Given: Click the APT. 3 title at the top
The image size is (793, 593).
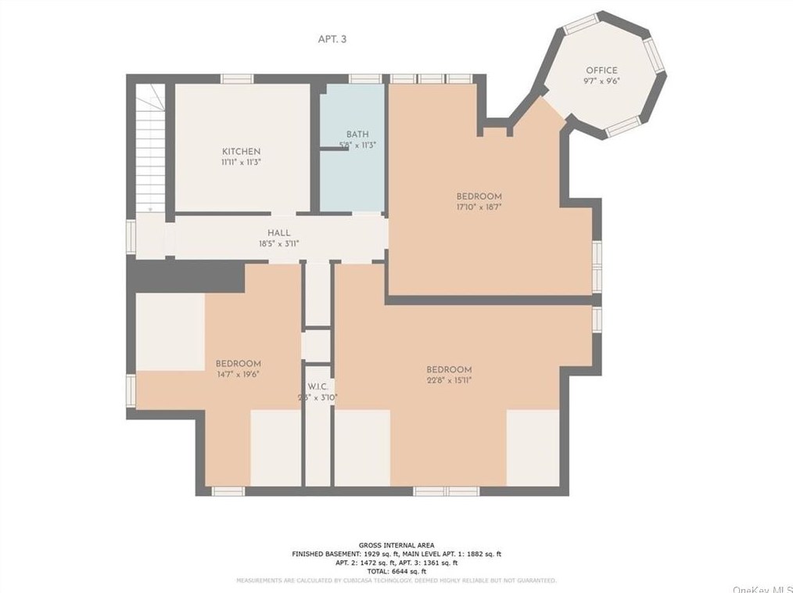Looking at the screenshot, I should pos(332,39).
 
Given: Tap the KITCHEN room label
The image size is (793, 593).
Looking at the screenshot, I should pos(241,151).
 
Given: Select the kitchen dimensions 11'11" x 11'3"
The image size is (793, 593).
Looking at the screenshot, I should pos(241,162).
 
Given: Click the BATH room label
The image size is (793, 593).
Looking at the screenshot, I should pos(357,135).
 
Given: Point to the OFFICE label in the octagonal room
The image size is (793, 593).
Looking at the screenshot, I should pos(601,70).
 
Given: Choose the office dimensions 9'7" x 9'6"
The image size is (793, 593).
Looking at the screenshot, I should pos(601,81).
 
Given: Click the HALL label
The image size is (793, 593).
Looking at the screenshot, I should pos(279,232).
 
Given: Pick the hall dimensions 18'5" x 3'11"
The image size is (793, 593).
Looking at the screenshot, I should pos(279,243).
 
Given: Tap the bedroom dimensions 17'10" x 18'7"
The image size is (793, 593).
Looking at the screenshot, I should pos(479,207).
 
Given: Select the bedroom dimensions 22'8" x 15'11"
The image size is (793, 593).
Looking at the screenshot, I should pos(449,380).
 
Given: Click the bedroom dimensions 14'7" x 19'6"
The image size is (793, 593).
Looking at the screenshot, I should pos(239,374).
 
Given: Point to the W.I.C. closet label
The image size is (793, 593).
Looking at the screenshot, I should pos(318,386).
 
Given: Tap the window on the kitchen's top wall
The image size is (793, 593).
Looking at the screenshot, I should pos(236,78).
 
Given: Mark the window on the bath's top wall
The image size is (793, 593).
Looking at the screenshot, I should pos(364,78).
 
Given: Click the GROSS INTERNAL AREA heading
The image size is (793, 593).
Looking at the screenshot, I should pos(396,545).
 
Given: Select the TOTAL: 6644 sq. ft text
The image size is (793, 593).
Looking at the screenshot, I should pos(396,571).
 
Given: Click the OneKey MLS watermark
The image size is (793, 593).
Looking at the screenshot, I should pos(762,588).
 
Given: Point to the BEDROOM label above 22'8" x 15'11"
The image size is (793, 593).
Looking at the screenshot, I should pos(449,369).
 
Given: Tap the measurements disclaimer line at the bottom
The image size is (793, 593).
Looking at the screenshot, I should pos(396,580).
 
